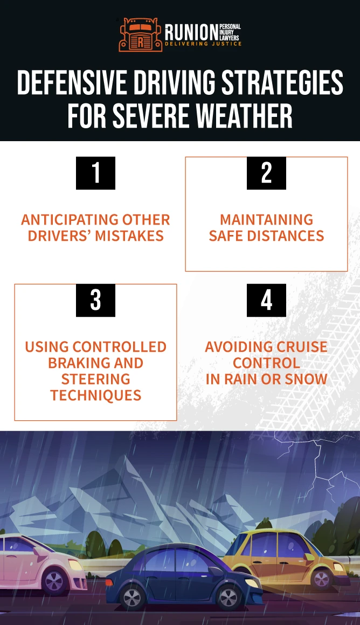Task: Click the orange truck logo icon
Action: tap(140, 35)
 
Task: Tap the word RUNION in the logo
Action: tap(191, 32)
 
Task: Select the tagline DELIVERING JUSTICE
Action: tap(203, 44)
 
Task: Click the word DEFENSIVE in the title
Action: tap(73, 82)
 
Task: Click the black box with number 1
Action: tap(96, 173)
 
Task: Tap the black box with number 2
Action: tap(266, 173)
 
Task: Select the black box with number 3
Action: tap(96, 300)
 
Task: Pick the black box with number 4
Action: tap(266, 300)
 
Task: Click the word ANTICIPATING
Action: tap(70, 220)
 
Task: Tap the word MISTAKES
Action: tap(129, 236)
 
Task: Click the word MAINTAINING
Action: tap(266, 220)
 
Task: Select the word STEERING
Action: tap(96, 379)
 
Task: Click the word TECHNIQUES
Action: tap(96, 395)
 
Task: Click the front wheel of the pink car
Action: tap(55, 581)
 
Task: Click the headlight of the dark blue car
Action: tap(251, 584)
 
